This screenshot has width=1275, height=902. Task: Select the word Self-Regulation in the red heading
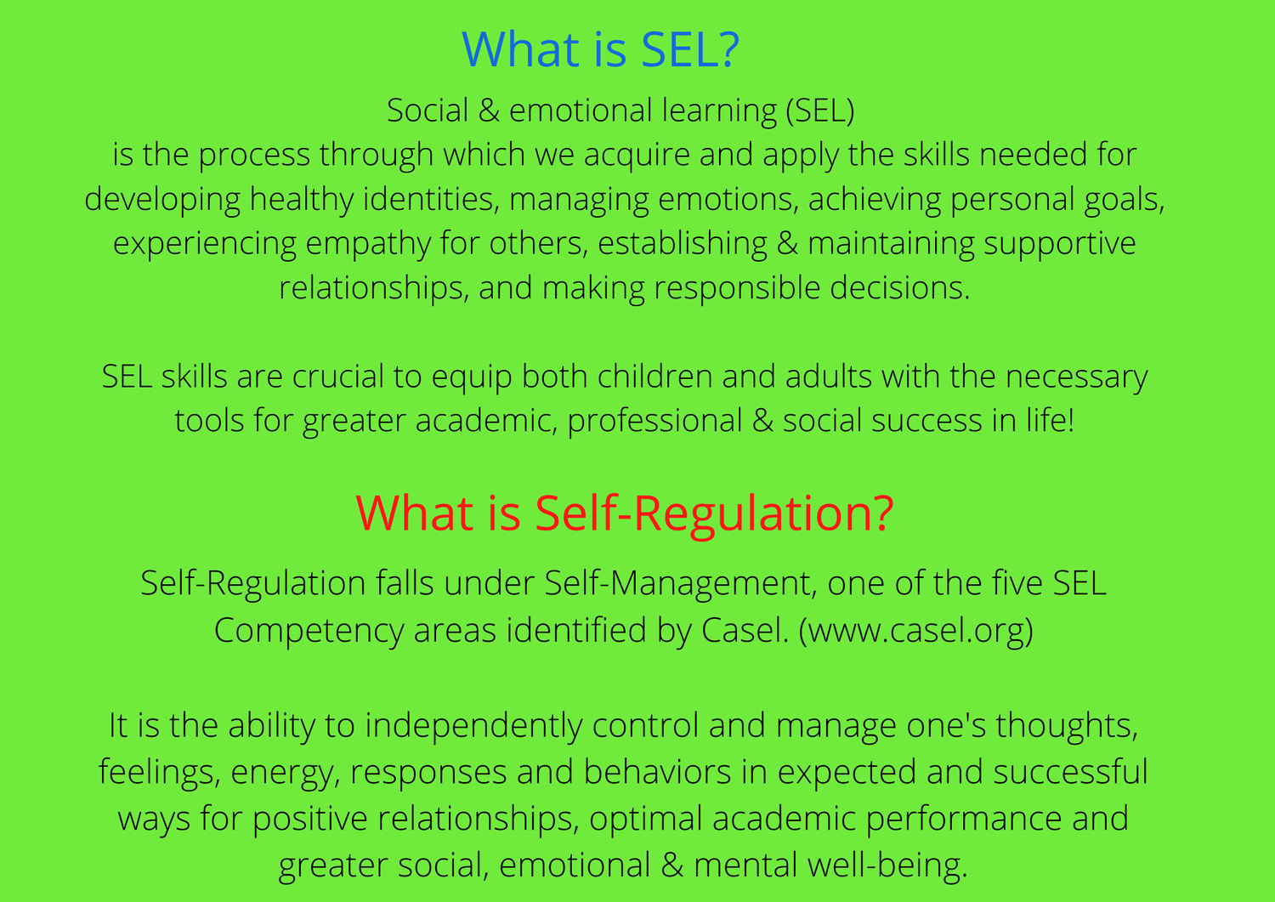tap(701, 515)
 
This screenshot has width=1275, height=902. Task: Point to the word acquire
tap(637, 156)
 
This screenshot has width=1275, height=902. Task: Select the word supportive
tap(1060, 244)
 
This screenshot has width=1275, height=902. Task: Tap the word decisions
tap(900, 288)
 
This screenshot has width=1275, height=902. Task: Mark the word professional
tap(655, 422)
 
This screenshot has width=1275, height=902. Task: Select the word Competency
tap(309, 632)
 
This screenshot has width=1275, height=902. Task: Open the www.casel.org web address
tap(915, 632)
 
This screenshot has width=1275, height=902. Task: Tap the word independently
tap(473, 727)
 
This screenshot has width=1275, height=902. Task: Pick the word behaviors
tap(657, 773)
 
